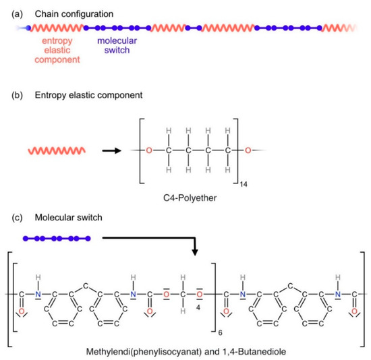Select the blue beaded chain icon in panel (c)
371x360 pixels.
click(x=56, y=239)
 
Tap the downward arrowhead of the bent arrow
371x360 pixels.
click(x=195, y=251)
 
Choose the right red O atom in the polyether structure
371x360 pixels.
click(x=249, y=149)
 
